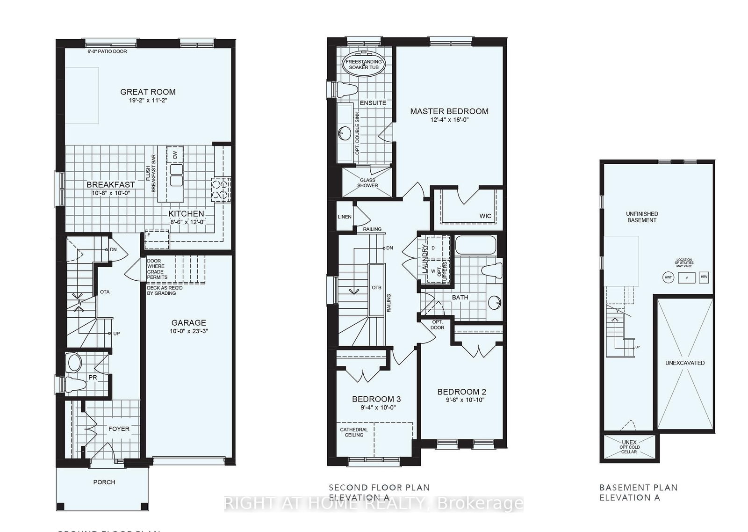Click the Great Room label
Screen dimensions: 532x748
pyautogui.click(x=148, y=92)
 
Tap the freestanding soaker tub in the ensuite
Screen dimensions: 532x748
pyautogui.click(x=364, y=65)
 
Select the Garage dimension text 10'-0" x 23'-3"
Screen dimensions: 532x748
pyautogui.click(x=188, y=331)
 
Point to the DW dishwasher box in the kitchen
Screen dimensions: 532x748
pyautogui.click(x=175, y=154)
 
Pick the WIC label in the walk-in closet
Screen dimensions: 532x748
pyautogui.click(x=485, y=216)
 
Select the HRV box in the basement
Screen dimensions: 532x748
pyautogui.click(x=704, y=277)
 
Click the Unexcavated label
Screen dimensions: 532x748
pyautogui.click(x=685, y=363)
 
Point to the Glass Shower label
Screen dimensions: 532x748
pyautogui.click(x=367, y=182)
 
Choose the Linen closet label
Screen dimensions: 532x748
pyautogui.click(x=345, y=217)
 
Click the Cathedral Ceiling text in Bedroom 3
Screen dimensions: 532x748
pyautogui.click(x=354, y=432)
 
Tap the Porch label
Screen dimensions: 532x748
pyautogui.click(x=104, y=482)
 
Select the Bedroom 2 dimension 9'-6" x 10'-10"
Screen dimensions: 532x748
pyautogui.click(x=462, y=400)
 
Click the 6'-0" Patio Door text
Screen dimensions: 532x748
pyautogui.click(x=107, y=51)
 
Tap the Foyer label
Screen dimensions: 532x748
pyautogui.click(x=119, y=429)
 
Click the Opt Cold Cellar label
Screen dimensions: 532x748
pyautogui.click(x=630, y=449)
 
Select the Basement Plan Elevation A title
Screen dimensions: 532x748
pyautogui.click(x=638, y=492)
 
